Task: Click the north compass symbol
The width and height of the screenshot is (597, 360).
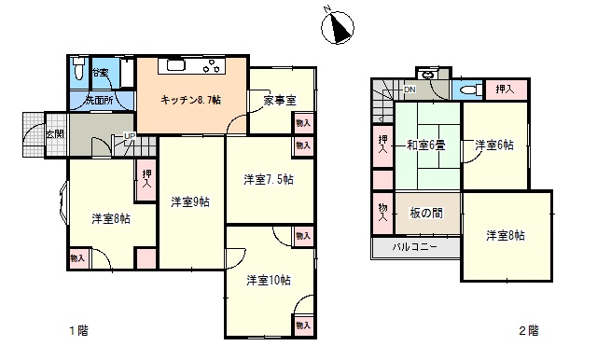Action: [338, 27]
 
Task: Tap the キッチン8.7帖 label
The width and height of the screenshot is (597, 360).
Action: [190, 100]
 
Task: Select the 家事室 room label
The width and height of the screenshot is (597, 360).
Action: [280, 100]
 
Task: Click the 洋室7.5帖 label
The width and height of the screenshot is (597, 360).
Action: [269, 179]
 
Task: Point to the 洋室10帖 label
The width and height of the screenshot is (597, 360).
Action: [269, 281]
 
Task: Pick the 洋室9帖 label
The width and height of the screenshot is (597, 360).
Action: [190, 201]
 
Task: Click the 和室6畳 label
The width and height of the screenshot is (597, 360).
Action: [425, 145]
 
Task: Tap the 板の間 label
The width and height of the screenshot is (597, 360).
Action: [426, 213]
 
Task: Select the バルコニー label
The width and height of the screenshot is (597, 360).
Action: [415, 247]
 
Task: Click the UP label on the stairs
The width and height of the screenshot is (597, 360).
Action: [130, 136]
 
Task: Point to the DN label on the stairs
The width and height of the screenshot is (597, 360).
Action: [410, 90]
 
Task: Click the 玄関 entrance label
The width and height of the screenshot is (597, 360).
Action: [55, 134]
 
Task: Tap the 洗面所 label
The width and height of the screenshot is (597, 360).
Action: [99, 101]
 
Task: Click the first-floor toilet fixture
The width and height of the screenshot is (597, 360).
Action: [78, 68]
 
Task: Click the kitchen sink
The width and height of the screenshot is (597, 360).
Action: [176, 65]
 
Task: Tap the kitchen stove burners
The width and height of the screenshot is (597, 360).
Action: [212, 65]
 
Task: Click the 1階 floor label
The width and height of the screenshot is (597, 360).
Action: [78, 330]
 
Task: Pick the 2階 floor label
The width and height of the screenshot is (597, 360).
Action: [529, 330]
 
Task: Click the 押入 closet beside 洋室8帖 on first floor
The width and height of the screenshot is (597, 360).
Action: [146, 180]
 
